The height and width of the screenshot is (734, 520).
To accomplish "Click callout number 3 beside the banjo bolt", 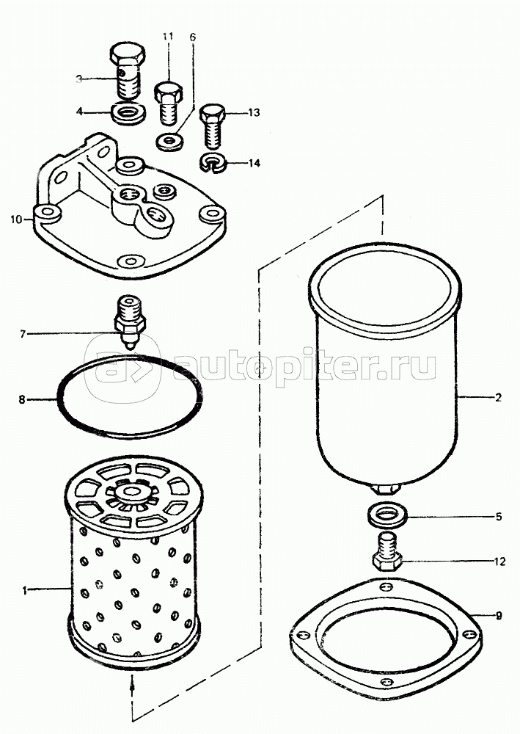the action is (79, 79).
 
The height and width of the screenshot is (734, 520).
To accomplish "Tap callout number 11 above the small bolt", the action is (168, 37).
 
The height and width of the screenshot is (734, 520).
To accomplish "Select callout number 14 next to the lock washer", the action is (254, 163).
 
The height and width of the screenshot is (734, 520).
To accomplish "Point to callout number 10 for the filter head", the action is (16, 219).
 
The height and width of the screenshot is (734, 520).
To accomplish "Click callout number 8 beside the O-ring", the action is (21, 400).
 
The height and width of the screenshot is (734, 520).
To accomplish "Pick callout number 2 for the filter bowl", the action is (498, 397).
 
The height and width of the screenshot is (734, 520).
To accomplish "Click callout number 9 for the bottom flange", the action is (499, 616).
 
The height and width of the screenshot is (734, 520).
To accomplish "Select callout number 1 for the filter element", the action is (24, 591).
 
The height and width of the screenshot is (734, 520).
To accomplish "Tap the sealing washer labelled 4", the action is (128, 114).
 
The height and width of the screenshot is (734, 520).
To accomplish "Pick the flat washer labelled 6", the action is (169, 142).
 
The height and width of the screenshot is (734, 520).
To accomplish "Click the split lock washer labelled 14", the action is (213, 164).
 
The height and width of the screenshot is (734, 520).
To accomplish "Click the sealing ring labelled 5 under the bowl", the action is (387, 516).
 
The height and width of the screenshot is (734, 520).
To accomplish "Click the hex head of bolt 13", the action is (213, 113).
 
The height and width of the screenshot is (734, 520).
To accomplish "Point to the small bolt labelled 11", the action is (169, 104).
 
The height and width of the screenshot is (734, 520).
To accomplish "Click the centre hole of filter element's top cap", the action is (131, 492).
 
